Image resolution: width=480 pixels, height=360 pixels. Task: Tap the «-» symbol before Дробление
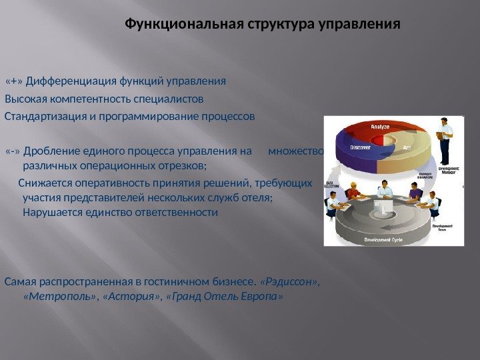click(13, 151)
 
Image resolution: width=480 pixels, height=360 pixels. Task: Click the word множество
click(295, 151)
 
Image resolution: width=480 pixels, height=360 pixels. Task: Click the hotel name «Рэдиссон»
click(290, 281)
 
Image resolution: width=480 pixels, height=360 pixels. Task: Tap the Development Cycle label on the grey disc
click(383, 239)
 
